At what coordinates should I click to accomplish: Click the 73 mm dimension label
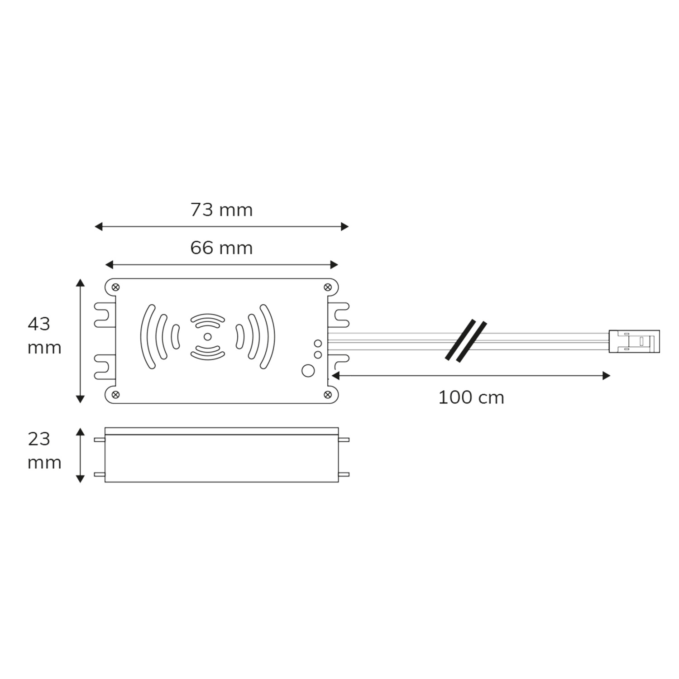(x=221, y=210)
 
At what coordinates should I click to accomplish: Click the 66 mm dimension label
(x=221, y=248)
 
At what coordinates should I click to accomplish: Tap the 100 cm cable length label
(x=471, y=397)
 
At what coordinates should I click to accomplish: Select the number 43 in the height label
(x=39, y=324)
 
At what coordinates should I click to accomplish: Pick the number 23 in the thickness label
(x=39, y=439)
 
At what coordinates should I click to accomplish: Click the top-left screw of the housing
(x=115, y=287)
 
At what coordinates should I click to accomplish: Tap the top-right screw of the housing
(x=328, y=287)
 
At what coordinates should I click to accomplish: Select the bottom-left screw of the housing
(x=115, y=395)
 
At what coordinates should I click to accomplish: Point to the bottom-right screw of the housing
(x=328, y=395)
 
